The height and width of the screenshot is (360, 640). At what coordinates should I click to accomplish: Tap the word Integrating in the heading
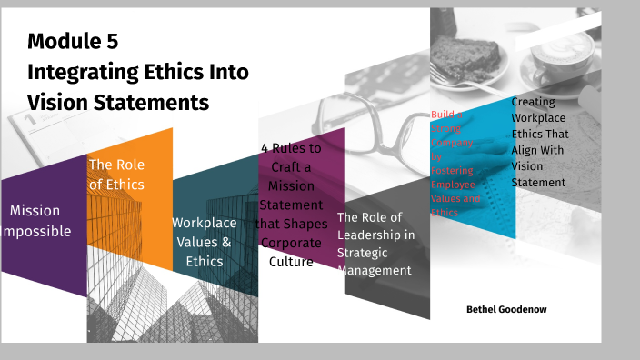pyautogui.click(x=79, y=72)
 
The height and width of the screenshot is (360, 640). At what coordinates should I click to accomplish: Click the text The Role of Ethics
pyautogui.click(x=115, y=175)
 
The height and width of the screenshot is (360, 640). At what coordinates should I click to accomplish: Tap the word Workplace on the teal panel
pyautogui.click(x=204, y=222)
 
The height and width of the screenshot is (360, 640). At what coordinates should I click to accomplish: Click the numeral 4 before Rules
pyautogui.click(x=265, y=149)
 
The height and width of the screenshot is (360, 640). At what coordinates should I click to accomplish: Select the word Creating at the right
pyautogui.click(x=538, y=103)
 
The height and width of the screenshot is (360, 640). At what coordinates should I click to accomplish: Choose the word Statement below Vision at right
pyautogui.click(x=538, y=182)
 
